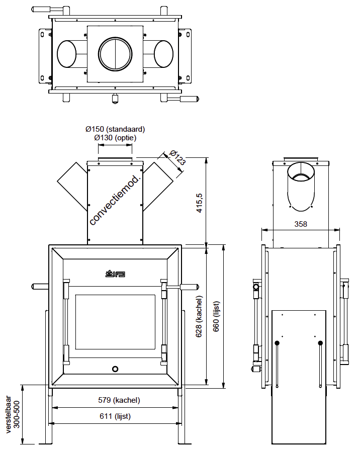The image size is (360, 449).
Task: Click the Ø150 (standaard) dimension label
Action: coord(115,129)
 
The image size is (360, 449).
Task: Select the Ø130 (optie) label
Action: coord(115,137)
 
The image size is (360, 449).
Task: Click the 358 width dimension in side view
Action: coord(301,224)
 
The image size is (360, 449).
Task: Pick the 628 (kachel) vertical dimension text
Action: coord(199,316)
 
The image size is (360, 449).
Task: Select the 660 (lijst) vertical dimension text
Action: coord(216,316)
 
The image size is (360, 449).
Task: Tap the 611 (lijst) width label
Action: coord(115,416)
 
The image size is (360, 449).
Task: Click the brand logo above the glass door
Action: coord(115,273)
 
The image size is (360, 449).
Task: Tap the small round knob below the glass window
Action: coord(115,369)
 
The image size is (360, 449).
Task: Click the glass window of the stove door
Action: coord(115,322)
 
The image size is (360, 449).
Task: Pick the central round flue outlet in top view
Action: coord(115,53)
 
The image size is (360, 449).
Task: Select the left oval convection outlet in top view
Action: coord(66,53)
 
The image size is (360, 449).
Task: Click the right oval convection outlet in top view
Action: coord(163,53)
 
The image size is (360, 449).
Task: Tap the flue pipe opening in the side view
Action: coord(301,176)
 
